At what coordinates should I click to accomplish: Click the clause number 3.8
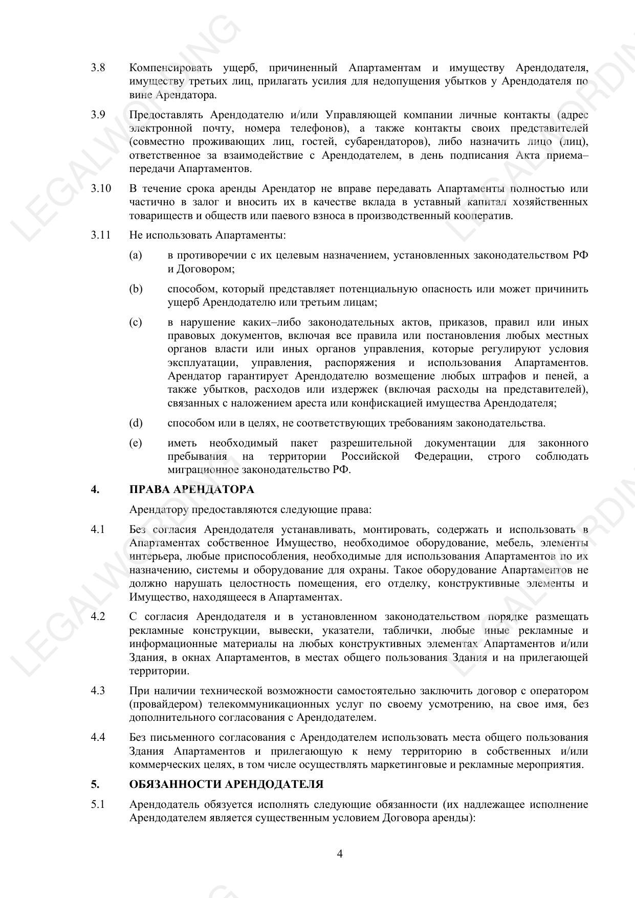98,68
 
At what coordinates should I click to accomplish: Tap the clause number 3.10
101,188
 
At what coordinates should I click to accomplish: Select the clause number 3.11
101,235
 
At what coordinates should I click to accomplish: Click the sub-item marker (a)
136,255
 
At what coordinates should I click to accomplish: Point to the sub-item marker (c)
136,322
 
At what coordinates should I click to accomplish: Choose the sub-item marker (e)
136,443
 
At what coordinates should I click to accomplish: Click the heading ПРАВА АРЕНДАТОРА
192,489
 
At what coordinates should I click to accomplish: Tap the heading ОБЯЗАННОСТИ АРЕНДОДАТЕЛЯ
226,784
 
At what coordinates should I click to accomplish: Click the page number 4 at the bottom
340,853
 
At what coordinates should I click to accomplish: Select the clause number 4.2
98,616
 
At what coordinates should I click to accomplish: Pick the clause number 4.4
98,737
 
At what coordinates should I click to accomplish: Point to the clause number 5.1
98,804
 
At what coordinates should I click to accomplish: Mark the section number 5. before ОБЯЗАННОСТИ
95,784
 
